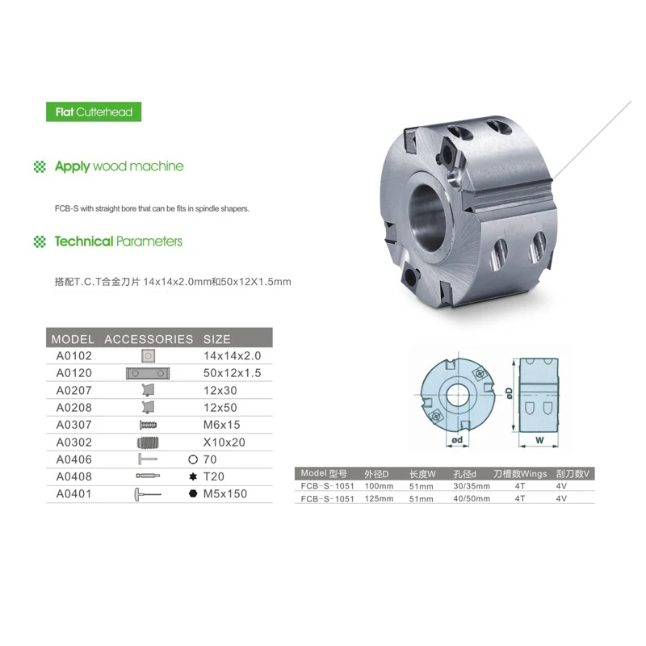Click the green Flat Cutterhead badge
(x=94, y=111)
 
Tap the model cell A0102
(x=74, y=355)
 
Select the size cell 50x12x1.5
(x=232, y=373)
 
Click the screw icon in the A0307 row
(x=149, y=425)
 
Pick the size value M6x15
(x=221, y=425)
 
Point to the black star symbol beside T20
(x=193, y=476)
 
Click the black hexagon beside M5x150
(x=193, y=493)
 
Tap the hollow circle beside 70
(x=193, y=459)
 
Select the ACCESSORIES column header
(x=149, y=339)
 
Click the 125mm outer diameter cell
(x=379, y=498)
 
